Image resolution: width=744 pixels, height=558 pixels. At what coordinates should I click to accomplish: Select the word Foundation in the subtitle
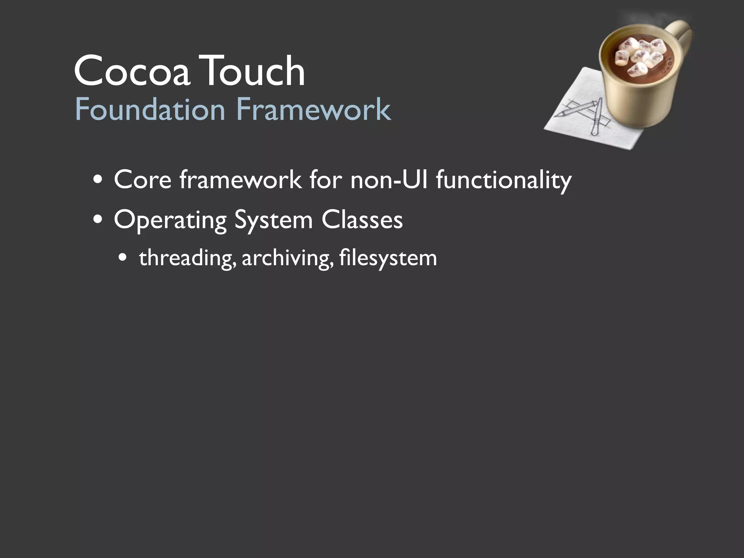point(150,109)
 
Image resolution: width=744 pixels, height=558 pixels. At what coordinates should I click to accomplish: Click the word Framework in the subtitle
point(314,109)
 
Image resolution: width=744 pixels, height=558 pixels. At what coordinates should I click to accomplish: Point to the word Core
point(142,179)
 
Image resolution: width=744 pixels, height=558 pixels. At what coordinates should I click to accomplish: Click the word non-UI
point(389,179)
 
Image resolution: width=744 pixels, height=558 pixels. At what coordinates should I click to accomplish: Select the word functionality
point(504,180)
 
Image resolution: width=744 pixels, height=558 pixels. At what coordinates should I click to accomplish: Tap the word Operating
point(170,221)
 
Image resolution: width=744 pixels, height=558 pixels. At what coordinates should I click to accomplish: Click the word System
point(273,221)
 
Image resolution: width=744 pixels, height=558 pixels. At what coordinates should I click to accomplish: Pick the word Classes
point(362,220)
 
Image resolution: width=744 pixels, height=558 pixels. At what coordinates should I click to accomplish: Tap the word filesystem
point(388,258)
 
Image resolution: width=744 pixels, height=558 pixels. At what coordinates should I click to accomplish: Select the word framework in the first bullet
point(240,179)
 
